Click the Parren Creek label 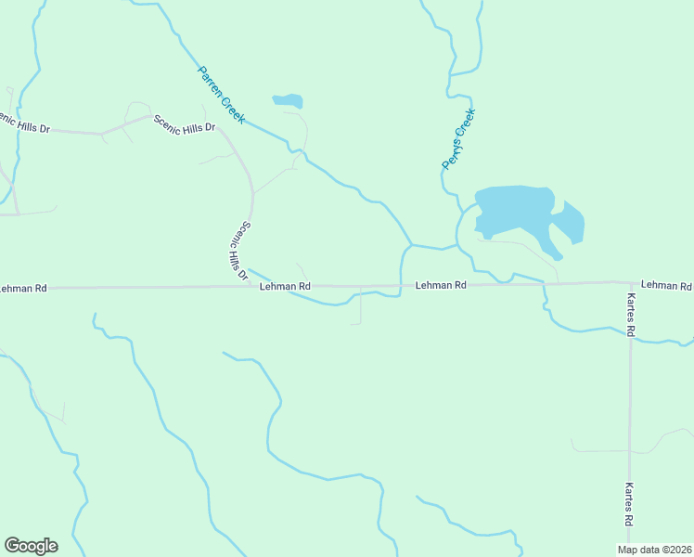pyautogui.click(x=221, y=95)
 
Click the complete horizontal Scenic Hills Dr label pyautogui.click(x=184, y=123)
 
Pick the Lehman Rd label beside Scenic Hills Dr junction pyautogui.click(x=285, y=287)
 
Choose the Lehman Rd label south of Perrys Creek pyautogui.click(x=440, y=286)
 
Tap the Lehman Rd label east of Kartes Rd pyautogui.click(x=666, y=285)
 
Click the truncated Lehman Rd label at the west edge pyautogui.click(x=23, y=289)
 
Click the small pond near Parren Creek pyautogui.click(x=288, y=100)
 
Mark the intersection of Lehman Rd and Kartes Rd pyautogui.click(x=630, y=282)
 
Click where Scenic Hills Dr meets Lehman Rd pyautogui.click(x=251, y=287)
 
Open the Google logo pyautogui.click(x=31, y=546)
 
